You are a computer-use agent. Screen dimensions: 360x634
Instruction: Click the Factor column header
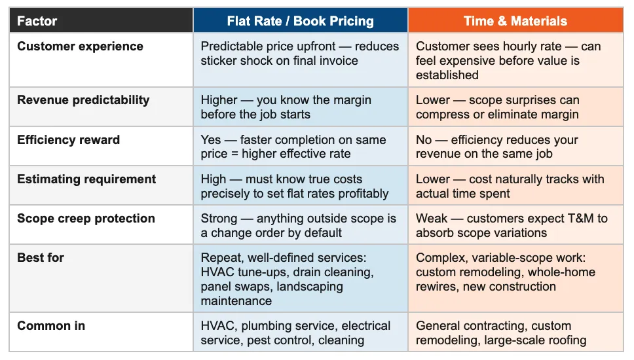(37, 21)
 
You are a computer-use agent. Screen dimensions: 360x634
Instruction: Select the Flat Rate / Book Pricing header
(300, 21)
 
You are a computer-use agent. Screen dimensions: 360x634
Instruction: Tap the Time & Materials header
(515, 21)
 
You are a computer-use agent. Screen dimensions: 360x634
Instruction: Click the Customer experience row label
(80, 46)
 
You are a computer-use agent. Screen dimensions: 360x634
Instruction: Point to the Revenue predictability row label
(83, 99)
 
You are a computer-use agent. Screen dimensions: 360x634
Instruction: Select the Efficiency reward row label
(68, 139)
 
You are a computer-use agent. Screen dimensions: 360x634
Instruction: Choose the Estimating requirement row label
(86, 179)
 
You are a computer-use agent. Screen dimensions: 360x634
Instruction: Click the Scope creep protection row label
(86, 218)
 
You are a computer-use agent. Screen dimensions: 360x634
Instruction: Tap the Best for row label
(41, 257)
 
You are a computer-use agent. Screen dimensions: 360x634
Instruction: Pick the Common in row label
(51, 325)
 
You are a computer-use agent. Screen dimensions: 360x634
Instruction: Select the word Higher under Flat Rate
(219, 100)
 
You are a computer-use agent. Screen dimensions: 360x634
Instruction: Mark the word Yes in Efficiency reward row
(212, 140)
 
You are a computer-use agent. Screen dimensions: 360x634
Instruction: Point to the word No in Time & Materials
(425, 140)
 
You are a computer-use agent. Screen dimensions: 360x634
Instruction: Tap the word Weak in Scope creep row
(432, 219)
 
